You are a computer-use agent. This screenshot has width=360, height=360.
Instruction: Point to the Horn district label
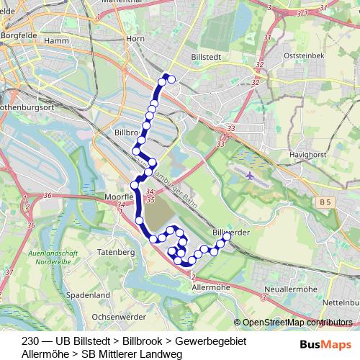(136, 39)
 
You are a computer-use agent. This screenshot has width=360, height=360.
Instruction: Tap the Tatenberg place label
(116, 253)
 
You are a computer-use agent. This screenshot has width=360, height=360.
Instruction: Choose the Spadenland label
(86, 295)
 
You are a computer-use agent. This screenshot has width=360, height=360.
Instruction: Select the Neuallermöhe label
(292, 289)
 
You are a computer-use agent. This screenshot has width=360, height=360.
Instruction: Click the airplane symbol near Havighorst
(249, 175)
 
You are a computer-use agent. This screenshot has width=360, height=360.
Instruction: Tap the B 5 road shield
(325, 204)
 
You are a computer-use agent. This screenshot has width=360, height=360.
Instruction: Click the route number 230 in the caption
(30, 341)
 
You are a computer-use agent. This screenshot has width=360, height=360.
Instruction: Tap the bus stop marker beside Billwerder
(226, 236)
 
